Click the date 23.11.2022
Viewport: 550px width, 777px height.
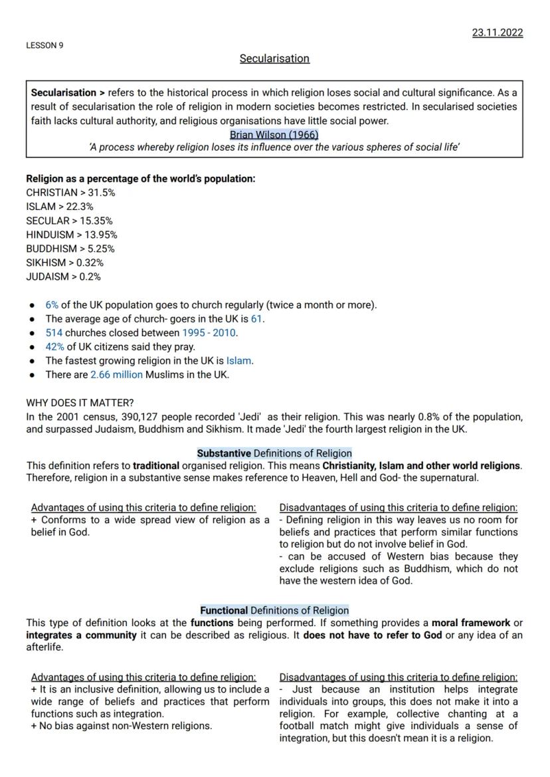click(497, 33)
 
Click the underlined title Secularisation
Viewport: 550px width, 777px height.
click(274, 58)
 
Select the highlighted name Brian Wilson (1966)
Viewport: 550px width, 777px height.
click(274, 134)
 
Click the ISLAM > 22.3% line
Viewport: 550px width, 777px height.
click(59, 207)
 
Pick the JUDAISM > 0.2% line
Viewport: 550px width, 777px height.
click(63, 277)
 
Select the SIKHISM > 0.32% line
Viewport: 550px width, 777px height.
click(64, 263)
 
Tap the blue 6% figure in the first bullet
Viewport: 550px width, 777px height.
click(52, 305)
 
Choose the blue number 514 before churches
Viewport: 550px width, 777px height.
click(54, 333)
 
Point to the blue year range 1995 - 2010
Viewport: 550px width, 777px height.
click(209, 333)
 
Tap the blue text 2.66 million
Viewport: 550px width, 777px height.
click(116, 375)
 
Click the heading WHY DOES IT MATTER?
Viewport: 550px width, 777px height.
click(80, 403)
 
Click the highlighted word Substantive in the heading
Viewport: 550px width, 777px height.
click(224, 453)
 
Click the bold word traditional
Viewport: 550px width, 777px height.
click(155, 465)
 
